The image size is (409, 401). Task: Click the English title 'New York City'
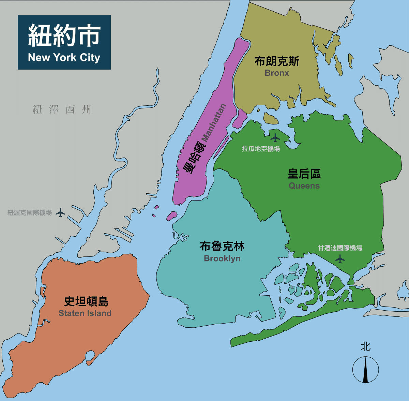64,58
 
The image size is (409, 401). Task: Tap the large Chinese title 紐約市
64,35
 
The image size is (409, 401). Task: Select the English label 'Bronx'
277,73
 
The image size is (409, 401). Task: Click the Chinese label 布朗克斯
277,61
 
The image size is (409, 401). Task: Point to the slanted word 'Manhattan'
214,123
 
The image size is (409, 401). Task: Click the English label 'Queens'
304,186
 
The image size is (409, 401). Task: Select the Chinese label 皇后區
304,174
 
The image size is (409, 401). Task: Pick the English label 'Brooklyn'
222,258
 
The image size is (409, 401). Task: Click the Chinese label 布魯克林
222,246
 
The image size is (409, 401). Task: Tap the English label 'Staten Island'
85,313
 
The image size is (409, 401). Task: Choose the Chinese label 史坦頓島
86,301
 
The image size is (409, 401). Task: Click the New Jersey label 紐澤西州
62,109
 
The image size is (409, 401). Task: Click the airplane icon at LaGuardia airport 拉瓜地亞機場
275,138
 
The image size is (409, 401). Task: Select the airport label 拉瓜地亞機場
261,149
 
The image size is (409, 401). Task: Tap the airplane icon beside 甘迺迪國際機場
340,259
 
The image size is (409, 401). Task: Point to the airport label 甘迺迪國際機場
340,248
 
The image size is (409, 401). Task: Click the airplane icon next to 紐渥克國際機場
60,213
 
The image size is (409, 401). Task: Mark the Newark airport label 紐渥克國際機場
30,213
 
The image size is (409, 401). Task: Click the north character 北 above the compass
365,347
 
